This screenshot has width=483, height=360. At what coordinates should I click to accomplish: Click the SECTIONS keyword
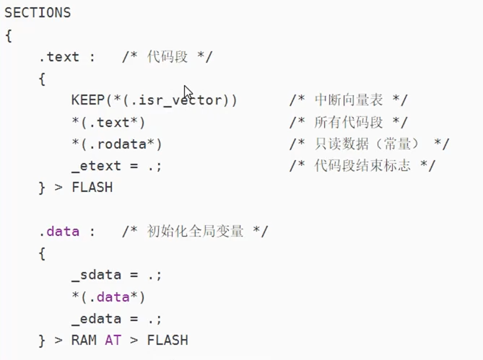click(x=38, y=13)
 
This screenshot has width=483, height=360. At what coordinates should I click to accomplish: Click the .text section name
click(x=59, y=57)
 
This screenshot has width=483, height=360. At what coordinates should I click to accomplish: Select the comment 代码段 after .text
click(x=167, y=57)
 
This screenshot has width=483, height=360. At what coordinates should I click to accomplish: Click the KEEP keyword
click(x=87, y=100)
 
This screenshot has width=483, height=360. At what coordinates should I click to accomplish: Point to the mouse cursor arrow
click(x=187, y=92)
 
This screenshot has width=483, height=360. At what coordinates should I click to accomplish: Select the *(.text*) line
click(x=108, y=122)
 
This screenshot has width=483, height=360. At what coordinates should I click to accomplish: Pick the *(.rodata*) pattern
click(x=116, y=144)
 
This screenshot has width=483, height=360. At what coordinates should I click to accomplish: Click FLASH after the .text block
click(x=92, y=188)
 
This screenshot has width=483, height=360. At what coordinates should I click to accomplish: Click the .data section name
click(x=59, y=232)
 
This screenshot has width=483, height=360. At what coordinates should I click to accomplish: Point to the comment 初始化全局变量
click(x=195, y=232)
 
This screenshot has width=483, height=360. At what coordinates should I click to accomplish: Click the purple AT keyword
click(x=113, y=341)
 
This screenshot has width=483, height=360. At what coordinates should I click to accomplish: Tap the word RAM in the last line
click(x=83, y=341)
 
